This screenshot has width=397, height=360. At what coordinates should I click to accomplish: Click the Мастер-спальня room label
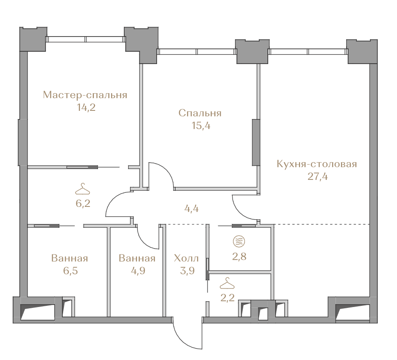(85, 95)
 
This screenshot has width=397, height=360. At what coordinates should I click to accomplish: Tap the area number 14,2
(87, 108)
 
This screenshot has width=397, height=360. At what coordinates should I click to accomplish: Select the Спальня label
(200, 113)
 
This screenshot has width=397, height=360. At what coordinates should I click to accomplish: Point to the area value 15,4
(201, 126)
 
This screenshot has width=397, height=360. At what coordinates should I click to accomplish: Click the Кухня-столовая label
(317, 164)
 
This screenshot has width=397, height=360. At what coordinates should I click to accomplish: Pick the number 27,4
(317, 177)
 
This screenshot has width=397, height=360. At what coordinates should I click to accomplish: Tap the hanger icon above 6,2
(82, 189)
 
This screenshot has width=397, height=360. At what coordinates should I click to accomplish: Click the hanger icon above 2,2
(227, 283)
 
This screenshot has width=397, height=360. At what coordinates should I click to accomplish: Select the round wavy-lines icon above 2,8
(239, 241)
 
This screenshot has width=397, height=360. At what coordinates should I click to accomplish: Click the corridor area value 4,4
(192, 209)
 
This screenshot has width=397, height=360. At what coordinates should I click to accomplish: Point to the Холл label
(186, 259)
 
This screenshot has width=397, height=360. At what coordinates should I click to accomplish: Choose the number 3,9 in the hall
(187, 271)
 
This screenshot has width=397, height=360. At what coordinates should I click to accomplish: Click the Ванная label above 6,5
(70, 258)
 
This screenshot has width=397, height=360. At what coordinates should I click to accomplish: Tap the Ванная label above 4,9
(137, 258)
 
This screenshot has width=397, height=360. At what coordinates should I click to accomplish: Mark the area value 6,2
(83, 204)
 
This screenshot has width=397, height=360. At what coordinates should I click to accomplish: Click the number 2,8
(239, 257)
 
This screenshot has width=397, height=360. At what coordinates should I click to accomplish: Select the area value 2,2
(228, 298)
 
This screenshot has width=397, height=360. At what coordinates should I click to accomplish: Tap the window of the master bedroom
(86, 39)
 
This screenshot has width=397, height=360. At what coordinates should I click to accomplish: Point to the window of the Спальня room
(197, 52)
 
